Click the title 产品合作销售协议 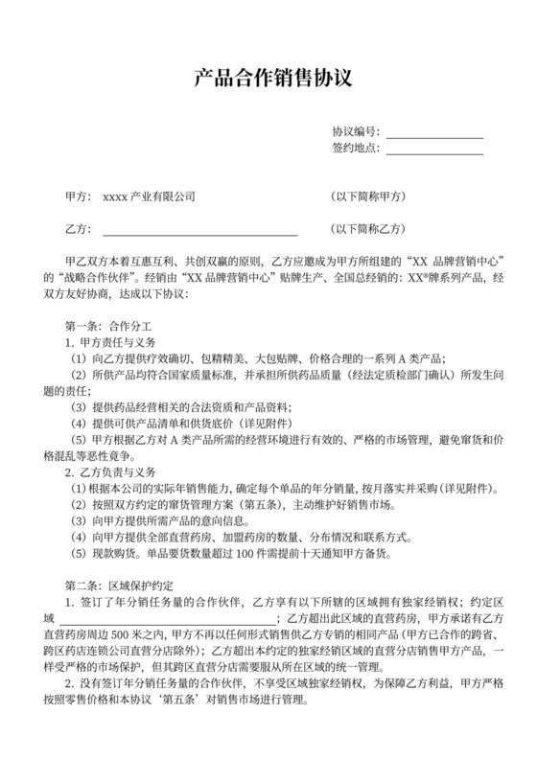[x=268, y=76]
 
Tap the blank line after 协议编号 [x=434, y=132]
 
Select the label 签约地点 [x=355, y=148]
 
